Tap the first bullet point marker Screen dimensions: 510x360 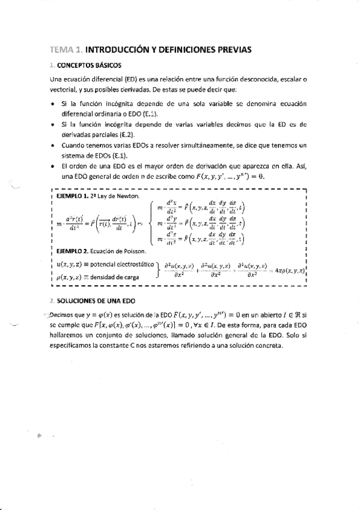click(x=53, y=104)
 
